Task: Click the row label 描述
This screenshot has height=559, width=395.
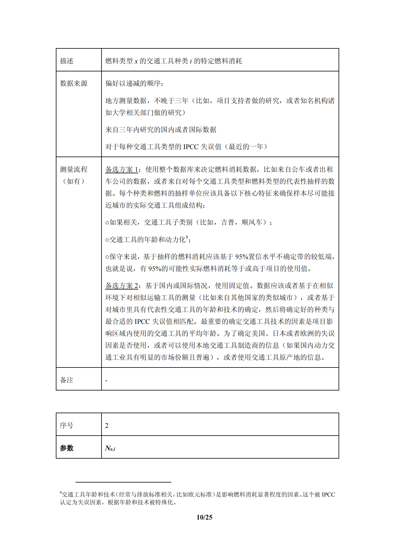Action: click(67, 61)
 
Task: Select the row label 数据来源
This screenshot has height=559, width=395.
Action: click(73, 83)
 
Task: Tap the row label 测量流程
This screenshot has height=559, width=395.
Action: click(73, 169)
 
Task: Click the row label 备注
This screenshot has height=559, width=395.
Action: click(67, 380)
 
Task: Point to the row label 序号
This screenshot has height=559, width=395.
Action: click(67, 425)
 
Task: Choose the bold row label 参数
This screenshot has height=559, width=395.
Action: click(67, 448)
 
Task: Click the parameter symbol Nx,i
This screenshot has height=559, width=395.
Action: click(110, 448)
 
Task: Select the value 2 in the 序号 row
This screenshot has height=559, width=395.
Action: click(107, 425)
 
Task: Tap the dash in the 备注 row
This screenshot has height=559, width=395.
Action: click(106, 381)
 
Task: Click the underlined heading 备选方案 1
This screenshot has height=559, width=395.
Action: click(122, 169)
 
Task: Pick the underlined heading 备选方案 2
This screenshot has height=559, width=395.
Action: click(122, 286)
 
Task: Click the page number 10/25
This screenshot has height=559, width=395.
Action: click(205, 517)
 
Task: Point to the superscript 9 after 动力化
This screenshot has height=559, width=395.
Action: click(187, 237)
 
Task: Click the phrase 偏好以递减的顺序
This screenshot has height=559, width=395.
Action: click(133, 83)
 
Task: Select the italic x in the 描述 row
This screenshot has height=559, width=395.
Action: click(136, 62)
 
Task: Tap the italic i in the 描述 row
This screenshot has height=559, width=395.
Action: click(191, 61)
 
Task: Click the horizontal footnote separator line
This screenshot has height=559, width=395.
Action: click(123, 482)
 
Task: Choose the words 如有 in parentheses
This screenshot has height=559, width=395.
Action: click(73, 181)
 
